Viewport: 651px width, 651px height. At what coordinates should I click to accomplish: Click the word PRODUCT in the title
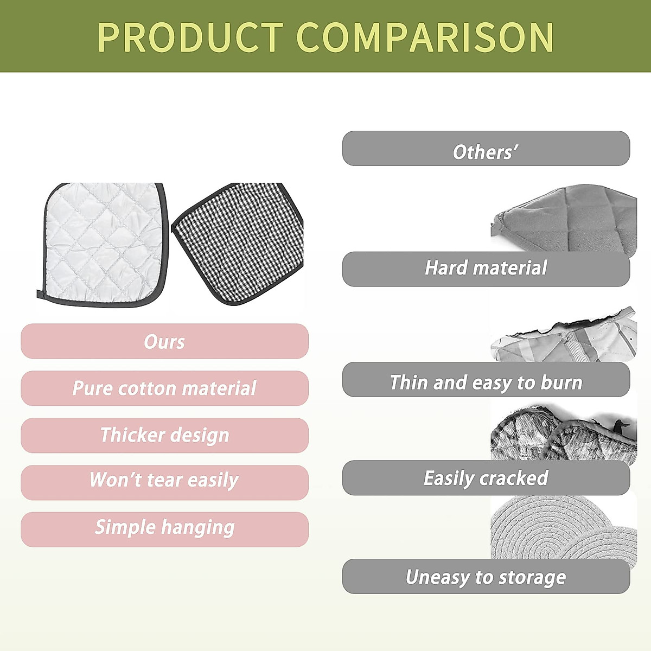pyautogui.click(x=190, y=37)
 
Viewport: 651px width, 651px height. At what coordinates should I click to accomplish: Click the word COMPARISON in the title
pyautogui.click(x=425, y=37)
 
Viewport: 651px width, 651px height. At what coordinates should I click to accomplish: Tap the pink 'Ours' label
pyautogui.click(x=164, y=342)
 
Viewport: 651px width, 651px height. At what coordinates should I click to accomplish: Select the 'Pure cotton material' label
pyautogui.click(x=164, y=388)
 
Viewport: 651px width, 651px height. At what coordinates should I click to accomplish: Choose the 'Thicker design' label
pyautogui.click(x=164, y=435)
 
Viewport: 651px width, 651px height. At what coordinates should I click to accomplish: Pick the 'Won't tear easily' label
pyautogui.click(x=164, y=481)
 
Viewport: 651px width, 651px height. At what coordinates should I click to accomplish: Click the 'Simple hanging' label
pyautogui.click(x=164, y=528)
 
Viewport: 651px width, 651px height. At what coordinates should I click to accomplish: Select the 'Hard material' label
pyautogui.click(x=486, y=268)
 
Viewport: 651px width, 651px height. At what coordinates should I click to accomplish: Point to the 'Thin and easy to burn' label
pyautogui.click(x=486, y=382)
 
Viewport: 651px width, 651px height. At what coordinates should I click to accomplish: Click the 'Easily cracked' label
pyautogui.click(x=486, y=478)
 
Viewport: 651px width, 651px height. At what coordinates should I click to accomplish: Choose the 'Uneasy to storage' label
pyautogui.click(x=486, y=577)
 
